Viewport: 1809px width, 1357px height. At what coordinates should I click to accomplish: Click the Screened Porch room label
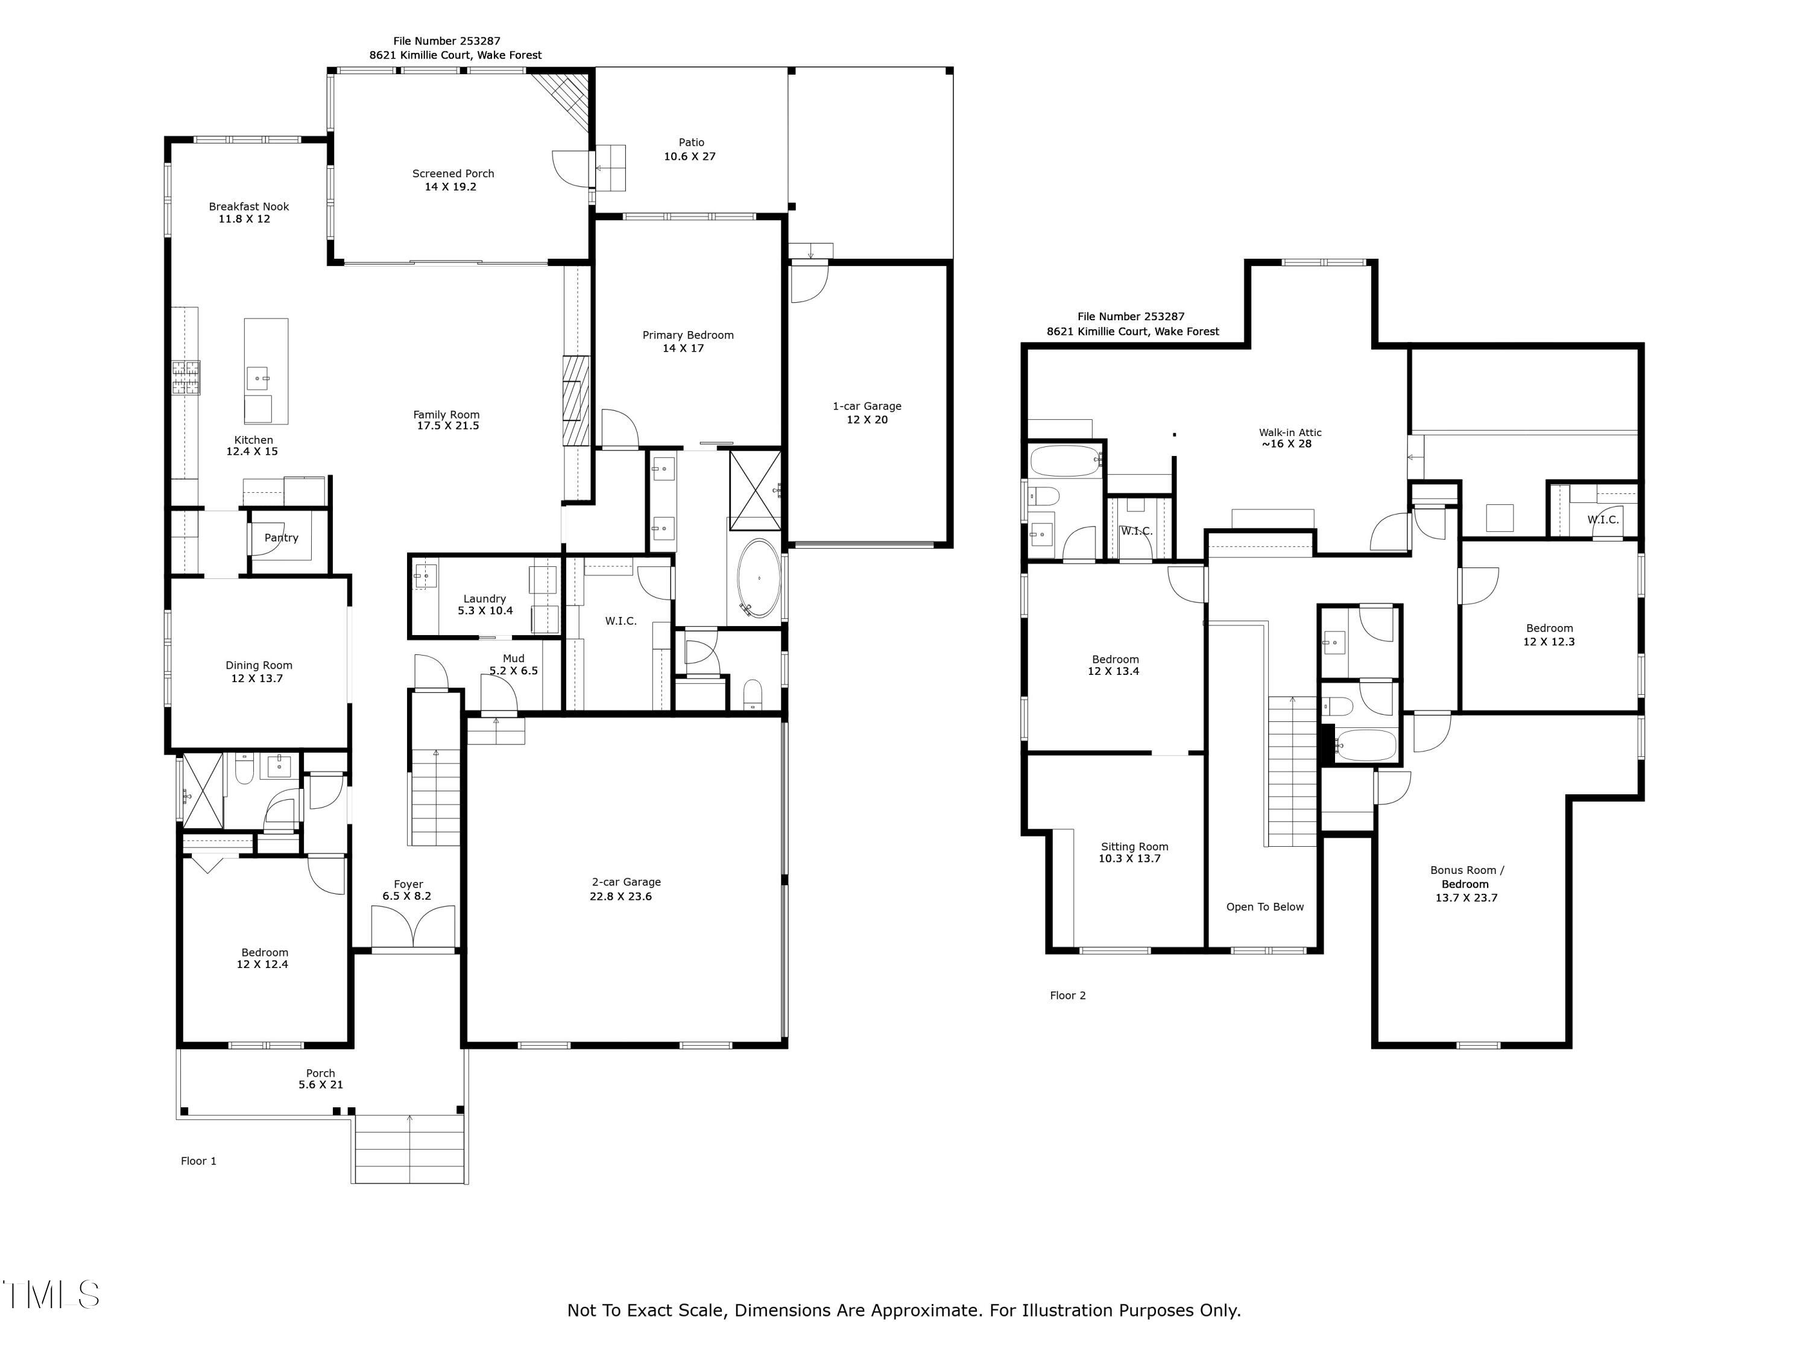point(452,174)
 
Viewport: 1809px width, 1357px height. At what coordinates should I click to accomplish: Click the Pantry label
point(282,537)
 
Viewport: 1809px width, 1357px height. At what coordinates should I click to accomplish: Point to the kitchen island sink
point(259,379)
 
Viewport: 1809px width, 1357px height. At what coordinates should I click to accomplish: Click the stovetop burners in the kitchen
point(186,378)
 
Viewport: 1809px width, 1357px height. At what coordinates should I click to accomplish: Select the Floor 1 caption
point(199,1161)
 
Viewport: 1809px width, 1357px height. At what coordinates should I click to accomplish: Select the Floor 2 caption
point(1067,996)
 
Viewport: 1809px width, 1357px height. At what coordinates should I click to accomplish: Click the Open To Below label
point(1264,906)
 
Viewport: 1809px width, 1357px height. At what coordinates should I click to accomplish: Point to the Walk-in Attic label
point(1290,432)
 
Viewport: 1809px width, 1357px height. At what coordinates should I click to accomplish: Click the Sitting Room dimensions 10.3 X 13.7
point(1129,859)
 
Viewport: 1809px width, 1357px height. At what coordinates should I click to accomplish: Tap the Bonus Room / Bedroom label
point(1466,877)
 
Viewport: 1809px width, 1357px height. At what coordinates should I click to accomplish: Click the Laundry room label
point(484,599)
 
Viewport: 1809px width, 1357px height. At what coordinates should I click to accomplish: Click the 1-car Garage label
point(867,406)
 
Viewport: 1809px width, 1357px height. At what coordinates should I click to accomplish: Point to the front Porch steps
point(409,1150)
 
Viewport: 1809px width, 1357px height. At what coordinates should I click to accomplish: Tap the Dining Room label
point(259,665)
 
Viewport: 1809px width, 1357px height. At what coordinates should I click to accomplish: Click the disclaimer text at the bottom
point(904,1311)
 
